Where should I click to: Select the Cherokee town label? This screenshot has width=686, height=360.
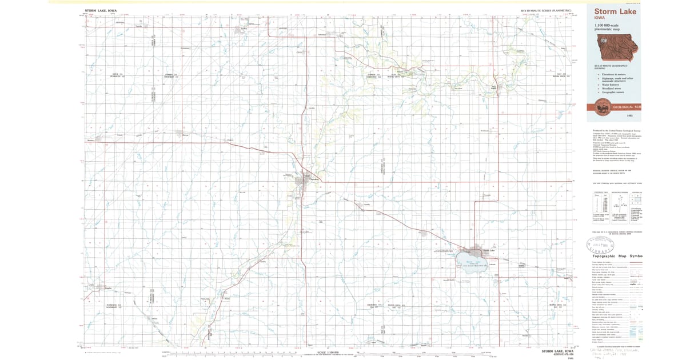pos(313,179)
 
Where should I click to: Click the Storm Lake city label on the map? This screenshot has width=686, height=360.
pos(487,250)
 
